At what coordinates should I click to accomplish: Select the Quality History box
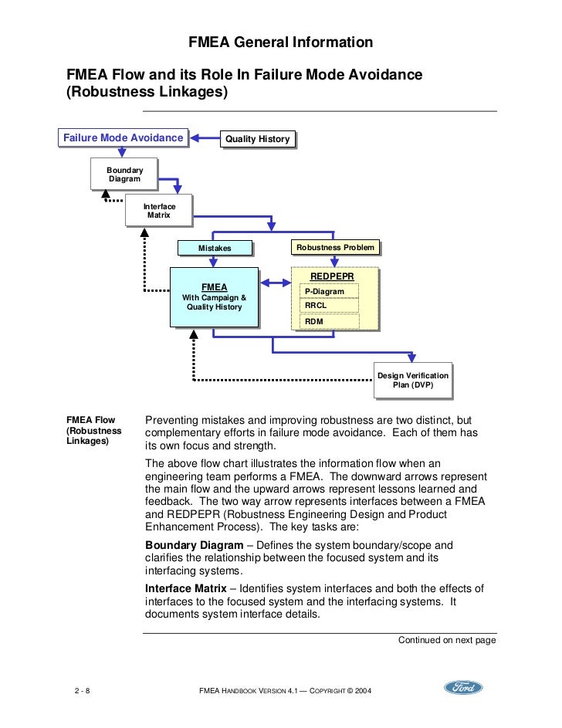click(x=257, y=139)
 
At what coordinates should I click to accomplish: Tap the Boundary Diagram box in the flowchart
click(x=124, y=174)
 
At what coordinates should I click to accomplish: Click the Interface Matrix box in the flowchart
click(x=159, y=210)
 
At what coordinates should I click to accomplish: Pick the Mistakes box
click(x=215, y=248)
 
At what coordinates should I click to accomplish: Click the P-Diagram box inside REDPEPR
click(x=330, y=291)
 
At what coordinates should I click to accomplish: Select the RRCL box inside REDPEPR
click(x=330, y=306)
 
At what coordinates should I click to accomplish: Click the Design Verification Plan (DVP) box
click(x=411, y=380)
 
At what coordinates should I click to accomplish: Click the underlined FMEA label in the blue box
click(x=214, y=287)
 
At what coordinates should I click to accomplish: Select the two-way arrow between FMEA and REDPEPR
click(x=275, y=281)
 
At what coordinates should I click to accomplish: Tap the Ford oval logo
click(x=463, y=688)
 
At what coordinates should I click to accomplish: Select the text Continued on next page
click(x=446, y=640)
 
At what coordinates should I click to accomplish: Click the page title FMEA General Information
click(x=281, y=42)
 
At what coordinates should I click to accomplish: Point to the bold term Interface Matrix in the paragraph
click(x=185, y=588)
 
